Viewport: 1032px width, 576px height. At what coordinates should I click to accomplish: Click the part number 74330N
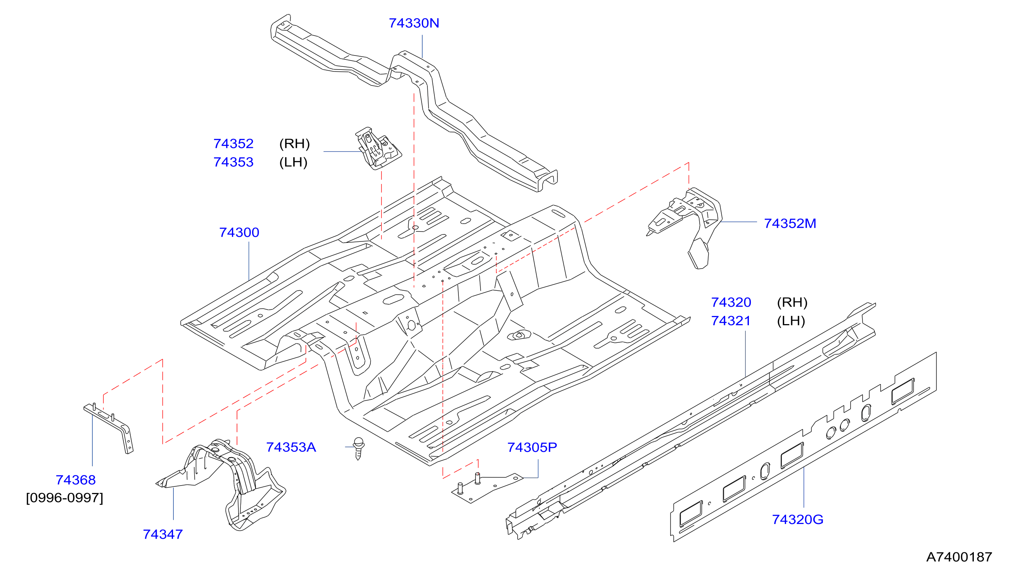(x=414, y=23)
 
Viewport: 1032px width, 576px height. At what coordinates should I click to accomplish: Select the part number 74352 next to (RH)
(x=233, y=144)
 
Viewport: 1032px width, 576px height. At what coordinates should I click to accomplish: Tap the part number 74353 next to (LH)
(x=233, y=162)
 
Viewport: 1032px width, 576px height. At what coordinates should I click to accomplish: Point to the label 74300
(x=239, y=232)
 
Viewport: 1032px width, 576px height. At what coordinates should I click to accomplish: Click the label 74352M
(x=790, y=223)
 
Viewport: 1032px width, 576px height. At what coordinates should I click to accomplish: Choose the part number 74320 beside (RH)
(x=731, y=302)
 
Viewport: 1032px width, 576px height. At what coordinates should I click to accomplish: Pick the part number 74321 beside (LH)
(x=731, y=321)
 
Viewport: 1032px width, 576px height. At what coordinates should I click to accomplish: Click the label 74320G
(x=798, y=519)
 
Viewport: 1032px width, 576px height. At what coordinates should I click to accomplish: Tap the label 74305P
(x=532, y=448)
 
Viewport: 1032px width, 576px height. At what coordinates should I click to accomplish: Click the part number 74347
(x=162, y=534)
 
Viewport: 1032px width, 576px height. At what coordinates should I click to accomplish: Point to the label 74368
(x=76, y=480)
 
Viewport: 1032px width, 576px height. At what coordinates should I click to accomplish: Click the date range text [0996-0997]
(x=64, y=498)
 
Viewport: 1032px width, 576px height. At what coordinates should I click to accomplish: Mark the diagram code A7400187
(x=959, y=557)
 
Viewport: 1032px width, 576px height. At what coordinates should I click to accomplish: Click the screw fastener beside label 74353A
(x=359, y=448)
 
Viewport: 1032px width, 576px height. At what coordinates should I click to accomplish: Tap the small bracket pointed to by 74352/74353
(x=378, y=149)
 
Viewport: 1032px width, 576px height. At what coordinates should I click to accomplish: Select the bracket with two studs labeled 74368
(x=109, y=428)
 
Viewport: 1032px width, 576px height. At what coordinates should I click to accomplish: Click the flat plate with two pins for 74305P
(x=487, y=488)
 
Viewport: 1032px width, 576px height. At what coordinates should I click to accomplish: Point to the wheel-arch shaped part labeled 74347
(x=224, y=483)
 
